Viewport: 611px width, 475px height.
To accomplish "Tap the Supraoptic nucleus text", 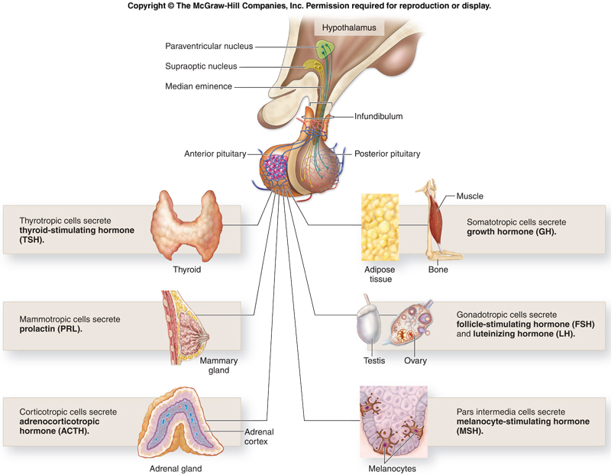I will tap(201, 66).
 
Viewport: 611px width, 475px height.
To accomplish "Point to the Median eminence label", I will tap(199, 86).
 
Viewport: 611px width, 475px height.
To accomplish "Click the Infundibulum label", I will tap(378, 117).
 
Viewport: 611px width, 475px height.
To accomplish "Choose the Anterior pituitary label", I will tap(215, 153).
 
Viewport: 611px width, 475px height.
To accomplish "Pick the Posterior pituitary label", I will tap(387, 153).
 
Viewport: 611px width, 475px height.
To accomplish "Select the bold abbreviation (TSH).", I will tap(31, 239).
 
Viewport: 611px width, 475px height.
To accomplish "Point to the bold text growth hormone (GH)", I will tap(512, 231).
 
